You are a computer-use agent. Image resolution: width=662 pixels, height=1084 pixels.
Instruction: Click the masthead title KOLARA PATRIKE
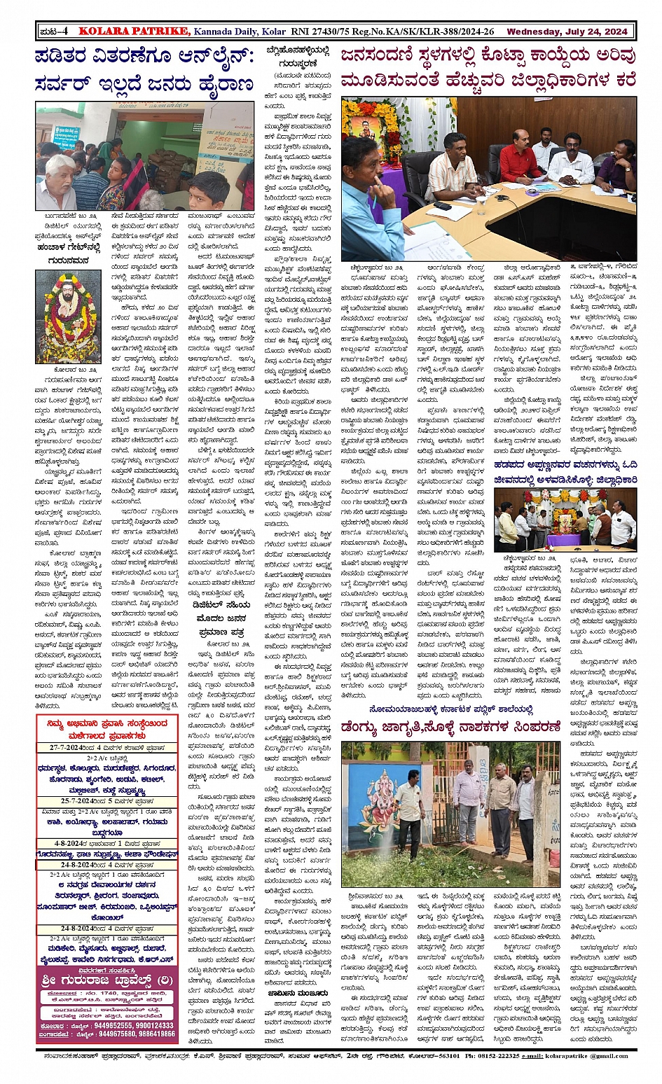133,31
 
